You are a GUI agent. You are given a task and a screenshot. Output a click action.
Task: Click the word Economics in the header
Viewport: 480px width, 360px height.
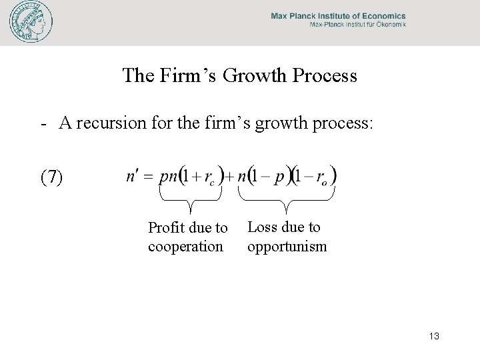(381, 16)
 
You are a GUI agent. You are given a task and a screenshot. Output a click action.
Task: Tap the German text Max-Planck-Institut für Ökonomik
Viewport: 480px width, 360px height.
(357, 26)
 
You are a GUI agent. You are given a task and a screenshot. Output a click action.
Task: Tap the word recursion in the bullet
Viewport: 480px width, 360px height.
(117, 123)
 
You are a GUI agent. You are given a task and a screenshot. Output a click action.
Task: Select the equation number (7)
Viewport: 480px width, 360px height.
(52, 177)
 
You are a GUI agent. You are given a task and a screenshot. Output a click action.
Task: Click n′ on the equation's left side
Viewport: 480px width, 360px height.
(133, 177)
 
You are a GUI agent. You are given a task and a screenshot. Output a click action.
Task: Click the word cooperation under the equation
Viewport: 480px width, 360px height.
(185, 247)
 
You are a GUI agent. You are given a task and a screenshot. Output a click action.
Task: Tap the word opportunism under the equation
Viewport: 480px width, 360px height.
(287, 247)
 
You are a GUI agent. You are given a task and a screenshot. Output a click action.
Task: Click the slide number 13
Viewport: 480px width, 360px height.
(433, 336)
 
